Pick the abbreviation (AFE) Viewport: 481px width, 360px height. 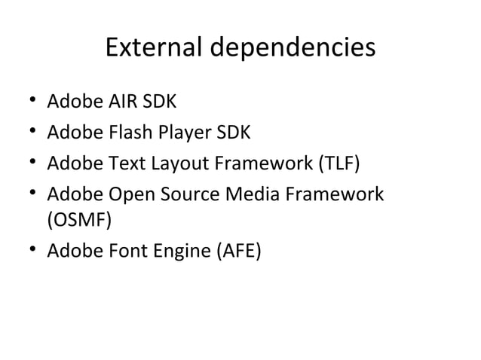click(x=236, y=251)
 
